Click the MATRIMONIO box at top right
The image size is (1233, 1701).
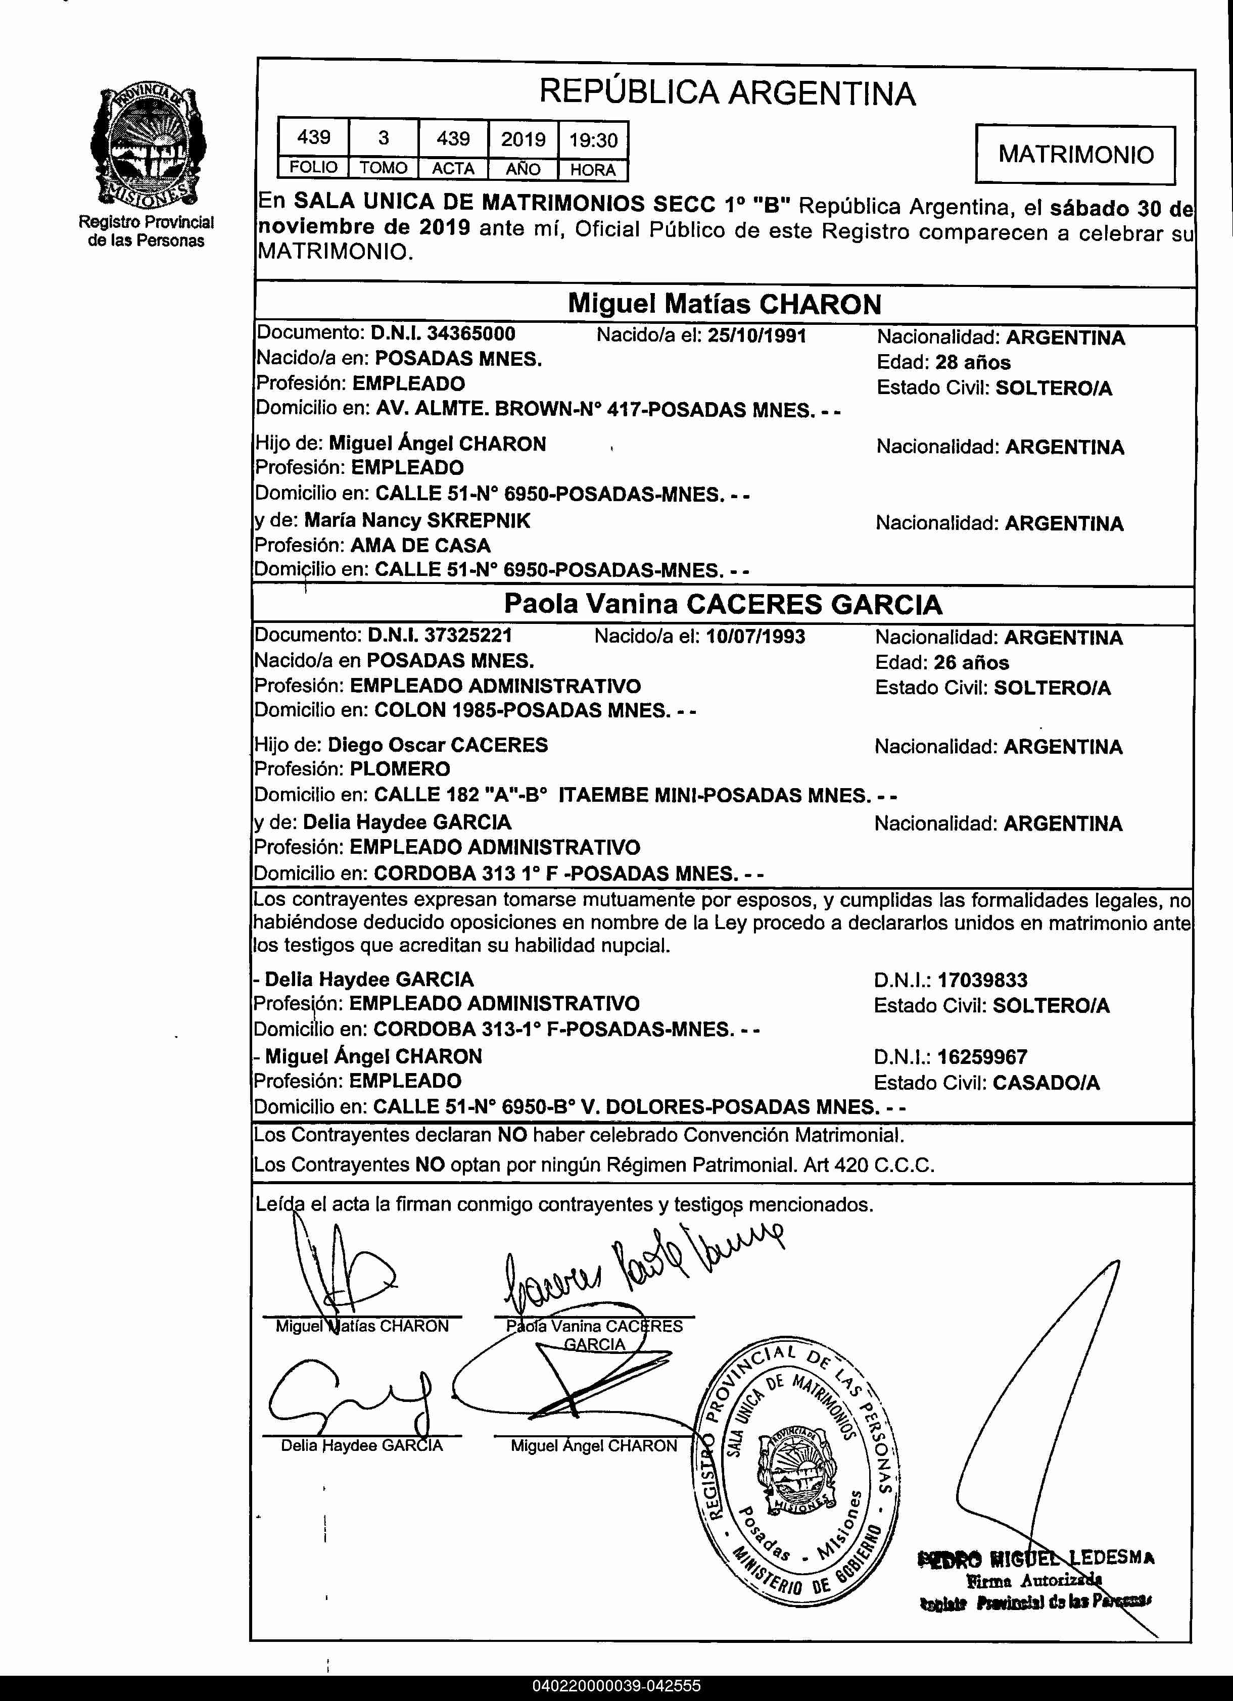[1075, 155]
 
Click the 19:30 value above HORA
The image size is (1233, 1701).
[593, 139]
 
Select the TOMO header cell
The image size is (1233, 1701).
[383, 168]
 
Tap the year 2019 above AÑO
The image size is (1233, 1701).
[523, 139]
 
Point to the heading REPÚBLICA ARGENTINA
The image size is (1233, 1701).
[727, 93]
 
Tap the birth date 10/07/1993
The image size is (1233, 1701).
[754, 636]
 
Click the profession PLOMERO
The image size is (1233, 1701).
[400, 769]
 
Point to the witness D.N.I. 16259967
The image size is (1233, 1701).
[982, 1057]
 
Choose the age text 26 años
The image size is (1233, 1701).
[971, 662]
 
